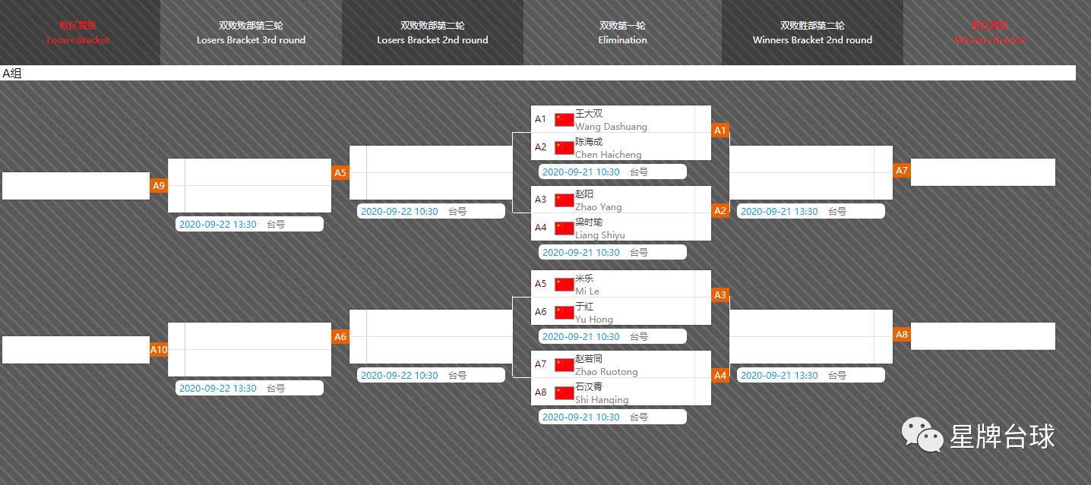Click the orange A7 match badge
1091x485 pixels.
pos(902,171)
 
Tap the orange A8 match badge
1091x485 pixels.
pos(902,335)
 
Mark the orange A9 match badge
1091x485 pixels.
pos(159,186)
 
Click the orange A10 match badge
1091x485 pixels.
pos(159,350)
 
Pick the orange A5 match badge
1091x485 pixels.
pos(340,173)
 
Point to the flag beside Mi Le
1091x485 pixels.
pos(564,285)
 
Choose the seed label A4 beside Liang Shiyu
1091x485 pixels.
pos(540,228)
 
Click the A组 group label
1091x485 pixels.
pos(12,74)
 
